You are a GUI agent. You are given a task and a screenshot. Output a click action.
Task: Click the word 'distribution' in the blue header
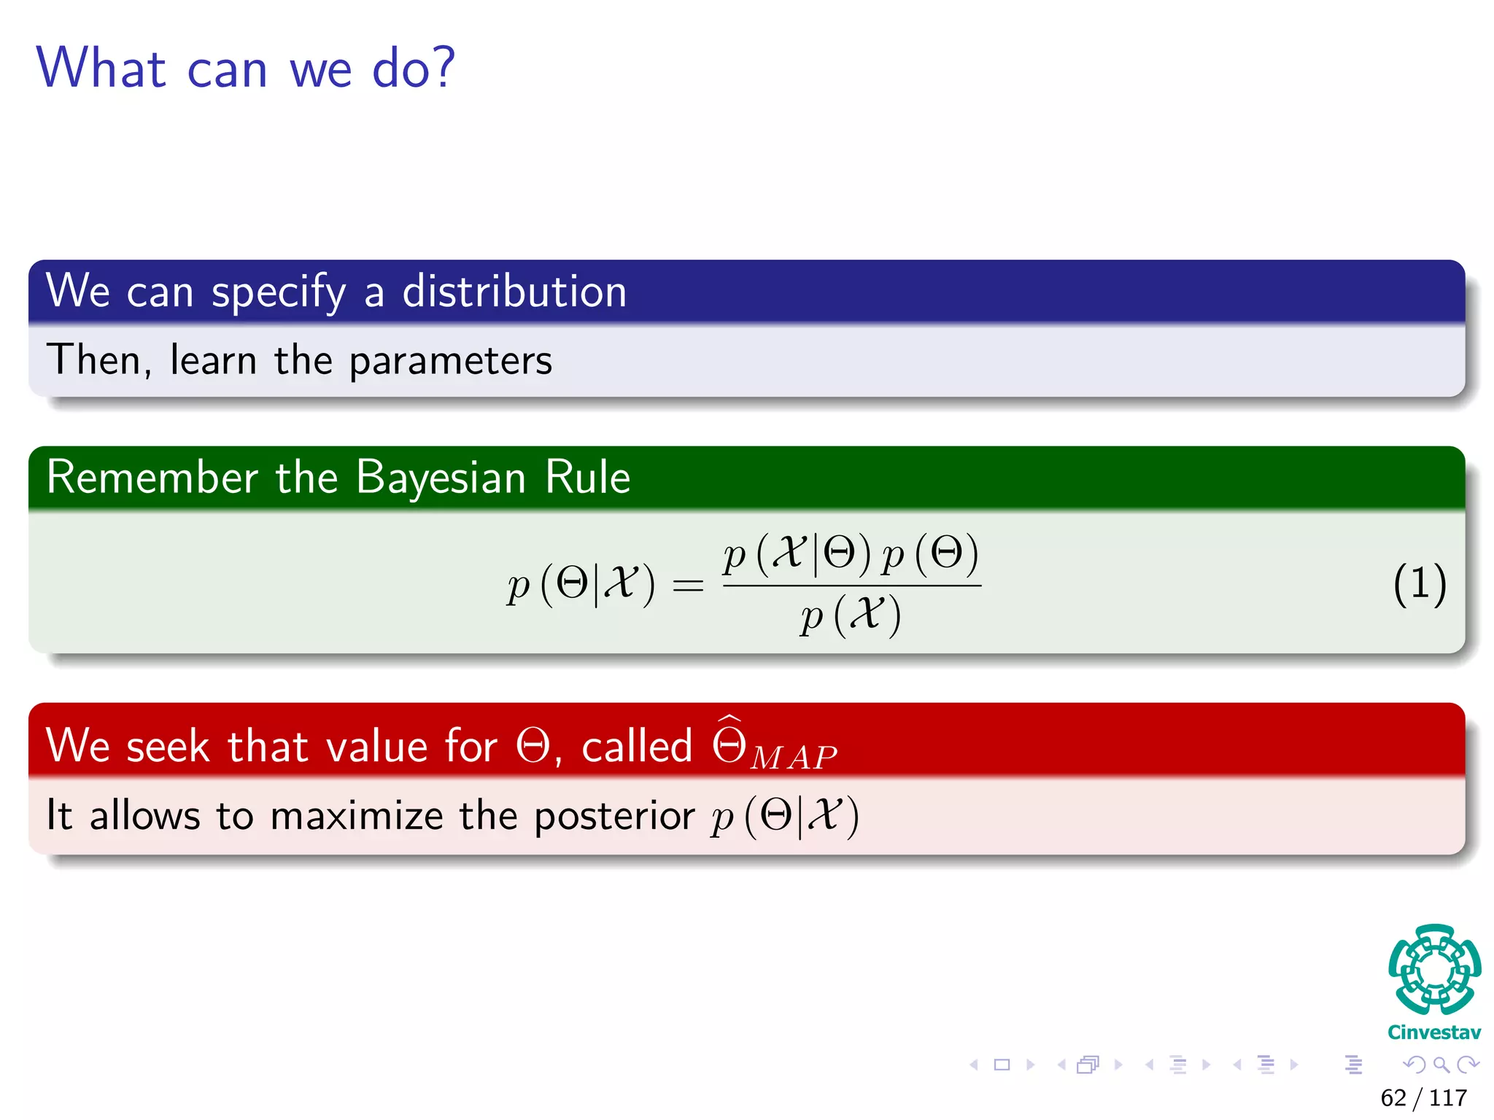pos(514,292)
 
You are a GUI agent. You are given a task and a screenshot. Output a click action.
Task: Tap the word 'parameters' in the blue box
pos(450,361)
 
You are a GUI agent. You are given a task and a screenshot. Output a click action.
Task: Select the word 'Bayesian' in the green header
pos(441,478)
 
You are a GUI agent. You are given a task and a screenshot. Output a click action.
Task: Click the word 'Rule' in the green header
pos(587,478)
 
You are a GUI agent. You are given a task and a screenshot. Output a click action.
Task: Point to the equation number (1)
pos(1419,584)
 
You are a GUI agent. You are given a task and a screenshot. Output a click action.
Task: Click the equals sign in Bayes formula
pos(688,586)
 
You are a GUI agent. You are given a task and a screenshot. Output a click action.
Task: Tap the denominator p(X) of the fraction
pos(850,616)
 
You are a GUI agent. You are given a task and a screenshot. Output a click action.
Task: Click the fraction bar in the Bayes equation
pos(851,585)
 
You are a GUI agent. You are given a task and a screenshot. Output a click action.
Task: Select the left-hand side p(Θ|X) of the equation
pos(581,585)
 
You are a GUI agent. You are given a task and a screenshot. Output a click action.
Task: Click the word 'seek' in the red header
pos(168,747)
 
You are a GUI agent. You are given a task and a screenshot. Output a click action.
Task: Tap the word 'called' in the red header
pos(636,747)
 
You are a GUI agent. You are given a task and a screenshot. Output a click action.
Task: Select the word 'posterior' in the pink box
pos(614,816)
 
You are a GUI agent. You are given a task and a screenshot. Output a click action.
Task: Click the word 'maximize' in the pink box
pos(356,816)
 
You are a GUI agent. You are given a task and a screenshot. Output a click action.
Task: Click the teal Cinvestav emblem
pos(1434,969)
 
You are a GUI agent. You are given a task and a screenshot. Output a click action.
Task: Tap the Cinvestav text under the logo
pos(1434,1032)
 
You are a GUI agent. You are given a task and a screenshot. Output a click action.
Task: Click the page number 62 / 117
pos(1423,1097)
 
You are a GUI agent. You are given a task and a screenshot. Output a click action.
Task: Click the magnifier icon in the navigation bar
pos(1441,1065)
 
